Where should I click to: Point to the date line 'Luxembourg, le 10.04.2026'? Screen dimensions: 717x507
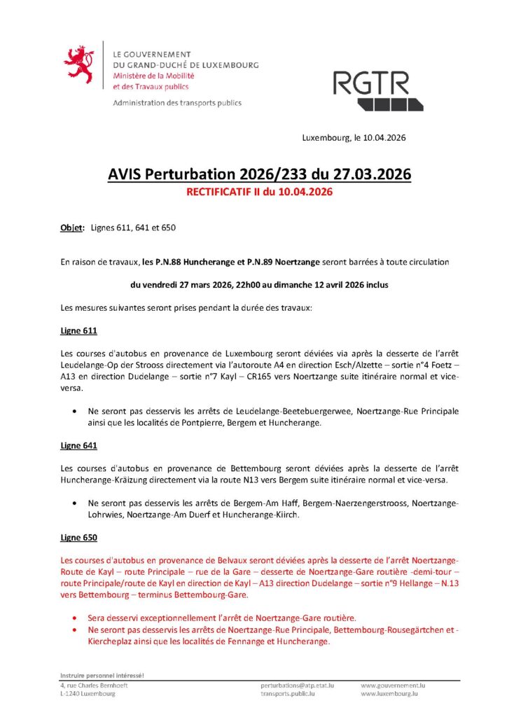[354, 138]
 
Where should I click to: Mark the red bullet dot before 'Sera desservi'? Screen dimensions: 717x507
[75, 618]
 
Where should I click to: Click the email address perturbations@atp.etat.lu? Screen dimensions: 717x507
[297, 685]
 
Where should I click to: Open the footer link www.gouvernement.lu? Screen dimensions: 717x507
[393, 685]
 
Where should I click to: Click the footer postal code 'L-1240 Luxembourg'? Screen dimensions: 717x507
[88, 694]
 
